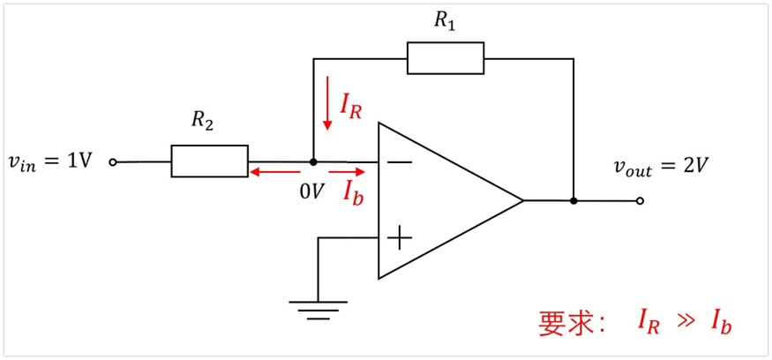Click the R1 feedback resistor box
(x=445, y=58)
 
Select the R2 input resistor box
(x=209, y=161)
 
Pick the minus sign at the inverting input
(x=400, y=162)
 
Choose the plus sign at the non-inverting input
(x=400, y=237)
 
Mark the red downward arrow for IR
(x=327, y=102)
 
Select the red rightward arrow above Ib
(x=348, y=173)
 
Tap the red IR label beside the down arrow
(x=350, y=105)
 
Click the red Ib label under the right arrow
(x=353, y=192)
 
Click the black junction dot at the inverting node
(x=313, y=162)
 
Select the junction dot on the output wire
(x=573, y=200)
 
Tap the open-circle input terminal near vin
(x=113, y=162)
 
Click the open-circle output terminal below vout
(x=640, y=200)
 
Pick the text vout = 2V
(x=662, y=166)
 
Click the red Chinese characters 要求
(x=565, y=323)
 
